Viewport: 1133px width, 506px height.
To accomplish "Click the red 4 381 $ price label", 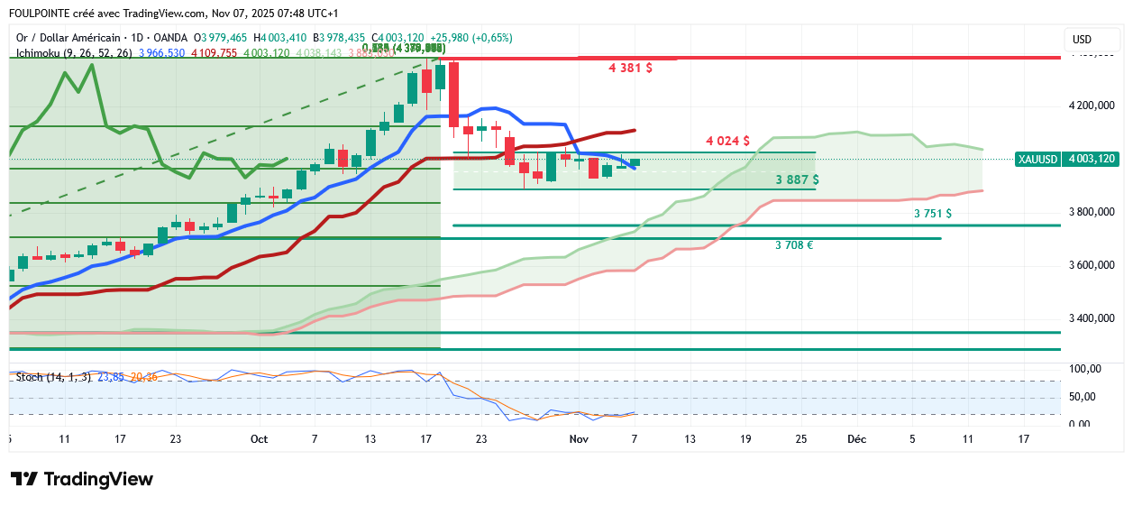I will click(630, 68).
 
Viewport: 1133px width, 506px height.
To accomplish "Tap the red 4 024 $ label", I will click(727, 141).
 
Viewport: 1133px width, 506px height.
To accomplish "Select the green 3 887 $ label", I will click(797, 179).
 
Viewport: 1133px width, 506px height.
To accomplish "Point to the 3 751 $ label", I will click(932, 214).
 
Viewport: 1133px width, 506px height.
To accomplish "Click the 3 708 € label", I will click(794, 244).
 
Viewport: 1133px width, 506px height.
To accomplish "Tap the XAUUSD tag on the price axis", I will click(1037, 159).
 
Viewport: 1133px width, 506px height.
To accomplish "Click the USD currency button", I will click(1082, 40).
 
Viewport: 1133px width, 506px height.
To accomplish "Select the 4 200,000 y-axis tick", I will click(1092, 106).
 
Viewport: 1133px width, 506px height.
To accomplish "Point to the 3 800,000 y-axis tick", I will click(1092, 212).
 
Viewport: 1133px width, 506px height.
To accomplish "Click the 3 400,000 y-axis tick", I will click(1092, 318).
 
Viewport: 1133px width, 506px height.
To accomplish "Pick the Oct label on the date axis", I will click(260, 439).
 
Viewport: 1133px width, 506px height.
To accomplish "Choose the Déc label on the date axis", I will click(856, 439).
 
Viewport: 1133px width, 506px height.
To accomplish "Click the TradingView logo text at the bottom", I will click(97, 479).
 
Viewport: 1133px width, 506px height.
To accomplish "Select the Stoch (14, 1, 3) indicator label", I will click(52, 376).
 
